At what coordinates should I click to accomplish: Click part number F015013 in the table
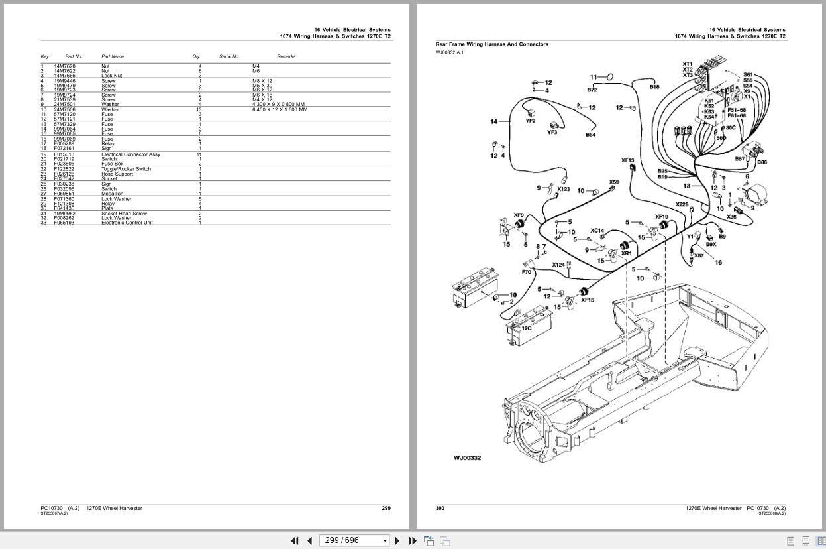pos(64,154)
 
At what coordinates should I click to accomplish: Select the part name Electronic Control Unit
pos(127,223)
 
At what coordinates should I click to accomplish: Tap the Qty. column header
pos(196,56)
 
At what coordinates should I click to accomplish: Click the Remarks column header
pos(286,56)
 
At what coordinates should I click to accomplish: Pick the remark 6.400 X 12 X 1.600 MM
pos(280,109)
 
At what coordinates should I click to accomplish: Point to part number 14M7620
pos(64,66)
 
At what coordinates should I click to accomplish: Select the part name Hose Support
pos(117,174)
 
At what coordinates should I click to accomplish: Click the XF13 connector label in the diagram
pos(627,160)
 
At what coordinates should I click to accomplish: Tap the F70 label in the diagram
pos(527,272)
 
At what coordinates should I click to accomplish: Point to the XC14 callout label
pos(597,231)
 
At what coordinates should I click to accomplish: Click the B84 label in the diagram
pos(590,135)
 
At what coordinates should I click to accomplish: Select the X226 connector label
pos(682,204)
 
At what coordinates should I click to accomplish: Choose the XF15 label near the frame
pos(587,300)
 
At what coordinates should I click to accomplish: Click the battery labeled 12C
pos(527,328)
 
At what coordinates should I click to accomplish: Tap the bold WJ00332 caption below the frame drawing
pos(467,458)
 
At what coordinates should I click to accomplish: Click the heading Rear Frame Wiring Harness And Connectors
pos(491,44)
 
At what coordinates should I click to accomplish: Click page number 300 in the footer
pos(440,508)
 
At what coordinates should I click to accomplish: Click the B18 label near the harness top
pos(654,87)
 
